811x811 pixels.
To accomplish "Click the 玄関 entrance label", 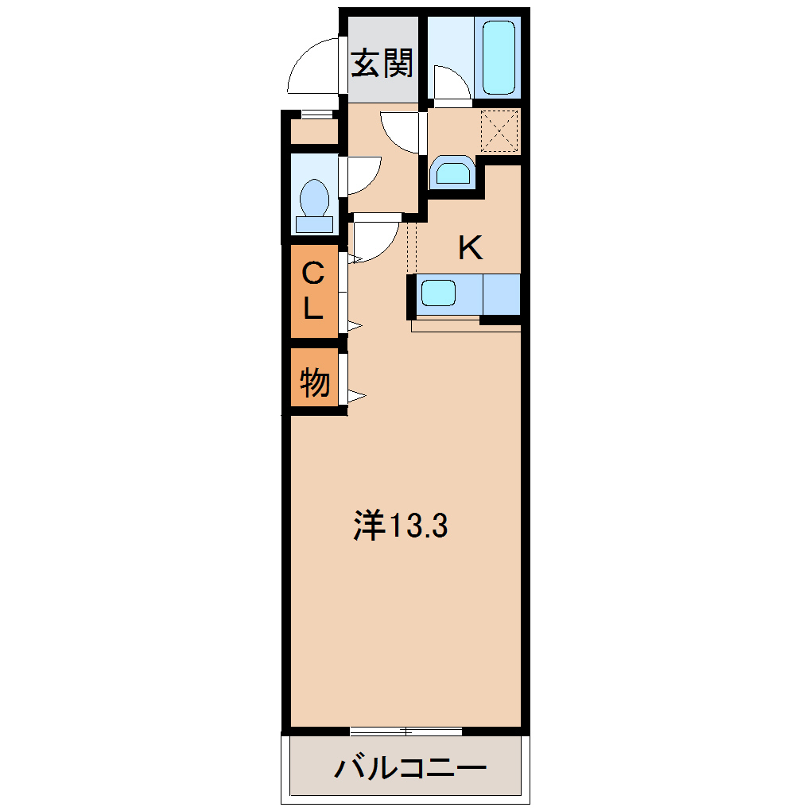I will [383, 64].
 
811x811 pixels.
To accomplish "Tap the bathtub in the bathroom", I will [499, 57].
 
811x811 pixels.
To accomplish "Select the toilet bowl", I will [315, 196].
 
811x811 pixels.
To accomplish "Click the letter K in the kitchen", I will [470, 249].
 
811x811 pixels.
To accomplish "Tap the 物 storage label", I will [314, 383].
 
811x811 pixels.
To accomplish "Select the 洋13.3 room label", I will [401, 526].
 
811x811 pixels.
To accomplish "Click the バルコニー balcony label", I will [409, 768].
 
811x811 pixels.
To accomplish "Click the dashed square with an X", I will [500, 130].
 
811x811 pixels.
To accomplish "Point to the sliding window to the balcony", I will [405, 731].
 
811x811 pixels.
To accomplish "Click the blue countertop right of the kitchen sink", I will [501, 293].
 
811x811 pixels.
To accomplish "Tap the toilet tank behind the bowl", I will [315, 223].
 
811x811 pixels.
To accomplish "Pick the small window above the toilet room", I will [316, 114].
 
